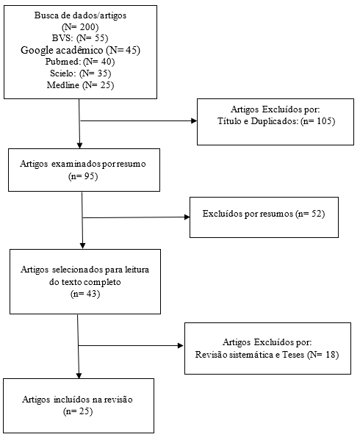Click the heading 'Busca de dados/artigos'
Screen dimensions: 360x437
(x=80, y=15)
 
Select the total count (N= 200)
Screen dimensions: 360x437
(x=80, y=26)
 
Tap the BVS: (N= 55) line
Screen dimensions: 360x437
(x=80, y=38)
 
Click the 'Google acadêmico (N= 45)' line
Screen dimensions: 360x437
(x=80, y=50)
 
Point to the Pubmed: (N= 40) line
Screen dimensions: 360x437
(x=80, y=61)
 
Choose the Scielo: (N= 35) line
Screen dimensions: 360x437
(x=80, y=73)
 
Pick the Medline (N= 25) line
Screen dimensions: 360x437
(x=80, y=84)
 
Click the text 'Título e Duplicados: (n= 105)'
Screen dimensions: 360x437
(x=276, y=121)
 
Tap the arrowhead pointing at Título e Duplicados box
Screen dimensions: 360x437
(x=194, y=120)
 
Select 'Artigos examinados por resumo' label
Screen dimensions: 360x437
(x=83, y=164)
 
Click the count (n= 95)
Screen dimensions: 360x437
(x=83, y=176)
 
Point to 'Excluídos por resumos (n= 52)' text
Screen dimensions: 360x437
(x=264, y=214)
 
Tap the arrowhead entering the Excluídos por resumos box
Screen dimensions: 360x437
(x=187, y=217)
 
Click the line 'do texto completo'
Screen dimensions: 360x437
(x=84, y=282)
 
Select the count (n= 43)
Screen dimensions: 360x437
(x=85, y=294)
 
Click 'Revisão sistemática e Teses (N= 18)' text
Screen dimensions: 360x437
(x=267, y=355)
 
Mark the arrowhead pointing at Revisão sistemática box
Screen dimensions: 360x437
(x=181, y=346)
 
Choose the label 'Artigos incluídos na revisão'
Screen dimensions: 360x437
(x=78, y=400)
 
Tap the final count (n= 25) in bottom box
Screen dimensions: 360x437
(x=78, y=411)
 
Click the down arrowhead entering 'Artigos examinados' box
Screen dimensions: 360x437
(x=80, y=145)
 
